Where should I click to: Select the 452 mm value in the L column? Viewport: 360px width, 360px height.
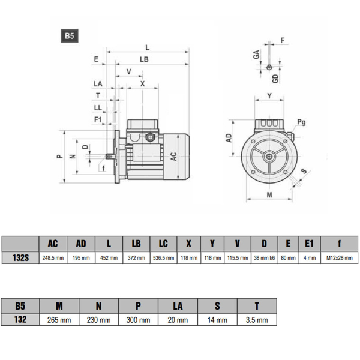tap(108, 257)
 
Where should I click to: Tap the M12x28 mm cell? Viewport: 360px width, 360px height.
tap(340, 257)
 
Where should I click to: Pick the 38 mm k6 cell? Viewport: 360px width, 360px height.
tap(265, 257)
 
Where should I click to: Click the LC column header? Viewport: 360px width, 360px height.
tap(163, 243)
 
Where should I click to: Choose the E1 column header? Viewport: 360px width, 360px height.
tap(309, 243)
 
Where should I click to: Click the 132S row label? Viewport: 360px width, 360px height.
tap(20, 257)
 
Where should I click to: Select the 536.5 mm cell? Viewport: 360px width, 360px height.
tap(163, 257)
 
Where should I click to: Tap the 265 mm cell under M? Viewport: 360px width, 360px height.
tap(59, 320)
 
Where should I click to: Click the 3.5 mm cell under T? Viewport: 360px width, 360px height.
tap(257, 320)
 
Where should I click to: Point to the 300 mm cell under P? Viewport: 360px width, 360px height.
tap(139, 320)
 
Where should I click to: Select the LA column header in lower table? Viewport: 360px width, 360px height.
tap(178, 305)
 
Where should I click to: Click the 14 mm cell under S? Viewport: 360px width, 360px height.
tap(217, 320)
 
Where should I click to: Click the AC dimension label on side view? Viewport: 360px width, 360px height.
tap(174, 157)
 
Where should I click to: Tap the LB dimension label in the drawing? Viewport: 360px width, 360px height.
tap(145, 60)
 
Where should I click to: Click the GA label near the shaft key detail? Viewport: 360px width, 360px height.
tap(256, 55)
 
